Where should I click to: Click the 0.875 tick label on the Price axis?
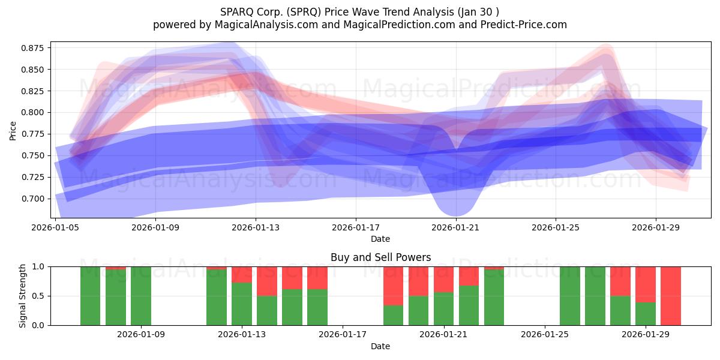(x=32, y=48)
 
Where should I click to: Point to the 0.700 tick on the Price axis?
(x=32, y=199)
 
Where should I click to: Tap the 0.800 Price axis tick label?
(x=32, y=113)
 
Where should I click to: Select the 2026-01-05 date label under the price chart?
(x=55, y=227)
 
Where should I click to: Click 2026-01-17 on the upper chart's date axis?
(x=356, y=227)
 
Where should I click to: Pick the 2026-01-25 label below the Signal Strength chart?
(x=545, y=334)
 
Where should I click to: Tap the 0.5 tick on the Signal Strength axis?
(x=38, y=296)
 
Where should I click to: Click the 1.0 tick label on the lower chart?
(x=38, y=266)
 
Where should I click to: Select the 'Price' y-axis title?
(x=13, y=131)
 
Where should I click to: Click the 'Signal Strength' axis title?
(x=22, y=296)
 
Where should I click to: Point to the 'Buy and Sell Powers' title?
(x=380, y=257)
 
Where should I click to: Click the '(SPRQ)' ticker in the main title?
(x=304, y=12)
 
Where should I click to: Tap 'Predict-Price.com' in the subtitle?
(x=524, y=25)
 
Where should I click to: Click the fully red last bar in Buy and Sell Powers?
(x=671, y=296)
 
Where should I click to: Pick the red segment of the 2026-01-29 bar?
(x=646, y=284)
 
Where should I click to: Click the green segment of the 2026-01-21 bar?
(x=444, y=309)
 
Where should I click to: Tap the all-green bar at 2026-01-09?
(x=141, y=296)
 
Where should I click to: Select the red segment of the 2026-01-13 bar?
(x=242, y=275)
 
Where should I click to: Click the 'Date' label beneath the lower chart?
(x=380, y=346)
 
